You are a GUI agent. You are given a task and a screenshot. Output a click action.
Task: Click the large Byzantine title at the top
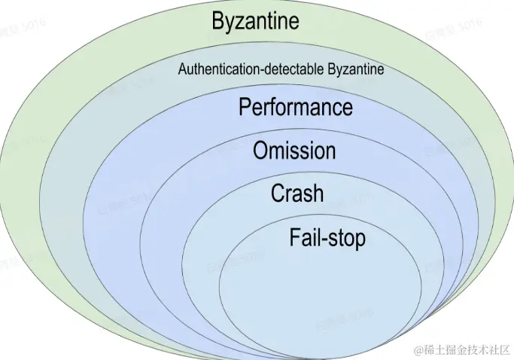255,21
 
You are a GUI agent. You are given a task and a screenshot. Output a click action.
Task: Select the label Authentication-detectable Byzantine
281,70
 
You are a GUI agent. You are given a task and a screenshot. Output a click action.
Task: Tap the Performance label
295,107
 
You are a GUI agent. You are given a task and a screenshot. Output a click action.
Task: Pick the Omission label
294,151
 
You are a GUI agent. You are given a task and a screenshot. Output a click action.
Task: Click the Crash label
297,194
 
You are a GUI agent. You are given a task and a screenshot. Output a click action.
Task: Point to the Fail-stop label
327,238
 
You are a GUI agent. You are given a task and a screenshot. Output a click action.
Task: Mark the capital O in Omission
260,151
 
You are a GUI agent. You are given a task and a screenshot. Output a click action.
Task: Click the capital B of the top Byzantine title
218,21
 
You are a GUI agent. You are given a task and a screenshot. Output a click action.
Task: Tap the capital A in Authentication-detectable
181,70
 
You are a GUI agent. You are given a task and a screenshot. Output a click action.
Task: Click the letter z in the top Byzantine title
240,23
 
